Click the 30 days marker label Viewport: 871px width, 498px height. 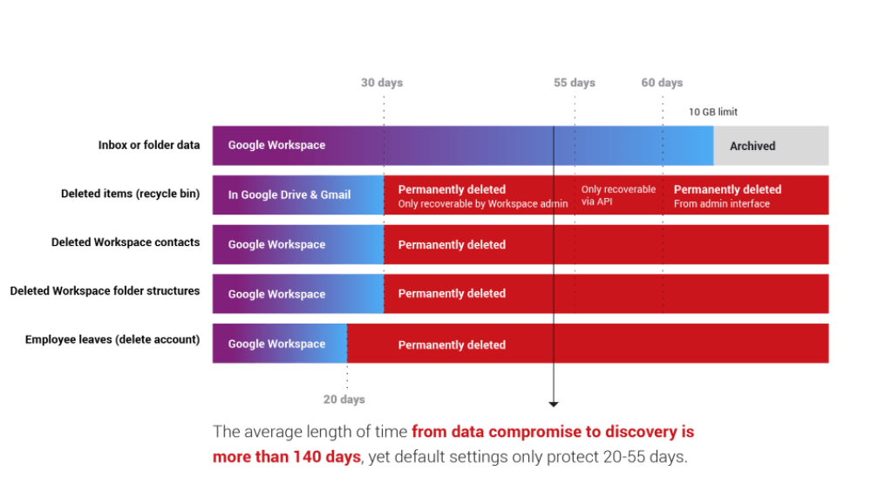coord(382,83)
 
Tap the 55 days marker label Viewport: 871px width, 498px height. coord(575,83)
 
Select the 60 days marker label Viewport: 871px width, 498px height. coord(662,83)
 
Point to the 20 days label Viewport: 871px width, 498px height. coord(344,399)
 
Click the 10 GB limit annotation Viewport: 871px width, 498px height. coord(713,112)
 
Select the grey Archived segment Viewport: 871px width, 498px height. coord(771,146)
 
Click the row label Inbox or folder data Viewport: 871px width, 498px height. coord(149,145)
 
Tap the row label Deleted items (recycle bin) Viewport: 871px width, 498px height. coord(131,194)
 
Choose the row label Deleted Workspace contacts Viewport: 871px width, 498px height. coord(126,242)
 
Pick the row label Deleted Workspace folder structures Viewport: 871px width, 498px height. coord(105,291)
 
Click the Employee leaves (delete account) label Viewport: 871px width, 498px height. coord(112,339)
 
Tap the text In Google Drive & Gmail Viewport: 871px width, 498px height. coord(289,195)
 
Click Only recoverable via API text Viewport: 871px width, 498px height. coord(618,195)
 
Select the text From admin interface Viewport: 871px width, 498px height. coord(722,204)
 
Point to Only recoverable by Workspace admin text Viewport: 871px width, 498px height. coord(483,204)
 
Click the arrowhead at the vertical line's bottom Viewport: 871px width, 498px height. coord(554,404)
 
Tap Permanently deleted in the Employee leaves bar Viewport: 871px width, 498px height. coord(452,345)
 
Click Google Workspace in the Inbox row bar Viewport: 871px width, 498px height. coord(276,145)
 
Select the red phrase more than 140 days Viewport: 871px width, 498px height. coord(287,457)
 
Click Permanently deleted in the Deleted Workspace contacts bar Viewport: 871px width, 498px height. coord(452,245)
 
